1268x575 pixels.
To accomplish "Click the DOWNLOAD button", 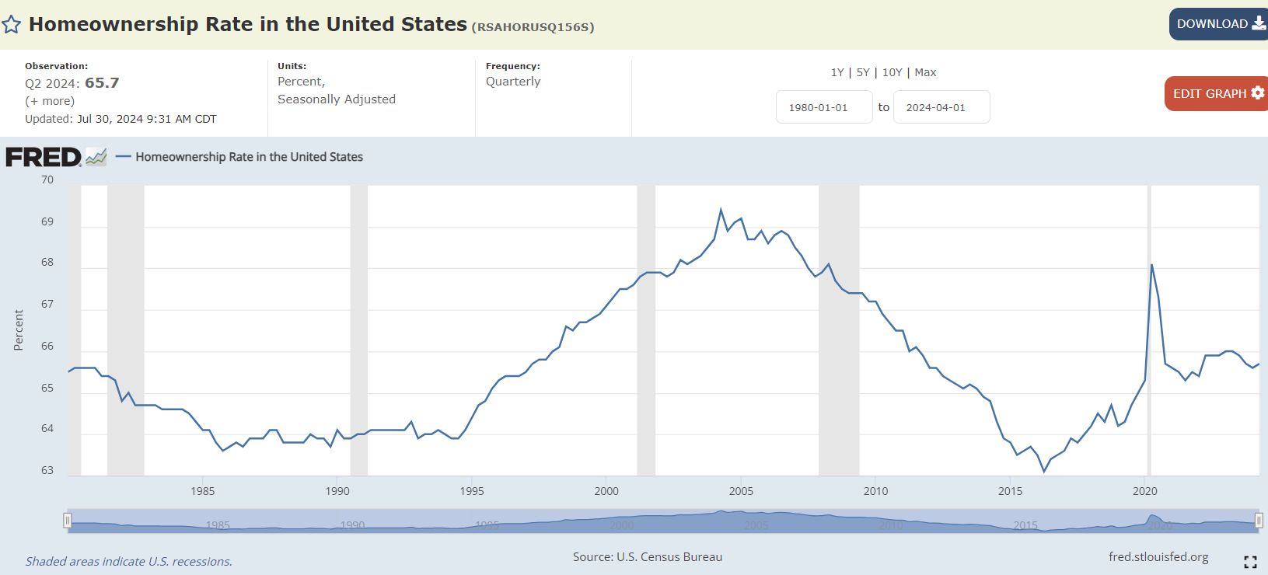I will [1218, 24].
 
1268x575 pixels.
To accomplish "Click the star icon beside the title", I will [12, 25].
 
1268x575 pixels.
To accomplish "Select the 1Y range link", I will [837, 72].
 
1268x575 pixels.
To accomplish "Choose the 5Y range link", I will [863, 72].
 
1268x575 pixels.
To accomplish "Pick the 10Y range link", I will [892, 72].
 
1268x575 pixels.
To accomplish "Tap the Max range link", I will [925, 72].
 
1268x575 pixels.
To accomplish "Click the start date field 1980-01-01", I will [823, 107].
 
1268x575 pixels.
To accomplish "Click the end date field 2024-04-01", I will [941, 107].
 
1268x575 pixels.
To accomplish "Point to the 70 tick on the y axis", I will [47, 179].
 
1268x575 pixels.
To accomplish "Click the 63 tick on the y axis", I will [47, 470].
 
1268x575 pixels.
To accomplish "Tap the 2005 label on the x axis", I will [741, 491].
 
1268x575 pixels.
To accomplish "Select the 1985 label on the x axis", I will [203, 491].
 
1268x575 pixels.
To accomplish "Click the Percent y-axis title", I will [19, 330].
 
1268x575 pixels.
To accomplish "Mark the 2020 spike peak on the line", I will [1151, 265].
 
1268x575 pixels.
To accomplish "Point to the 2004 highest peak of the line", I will [721, 210].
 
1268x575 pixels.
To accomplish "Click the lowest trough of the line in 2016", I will [1044, 471].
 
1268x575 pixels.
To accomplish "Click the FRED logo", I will [44, 157].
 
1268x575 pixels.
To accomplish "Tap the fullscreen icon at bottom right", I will [1250, 562].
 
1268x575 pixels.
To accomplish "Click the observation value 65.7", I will [102, 83].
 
